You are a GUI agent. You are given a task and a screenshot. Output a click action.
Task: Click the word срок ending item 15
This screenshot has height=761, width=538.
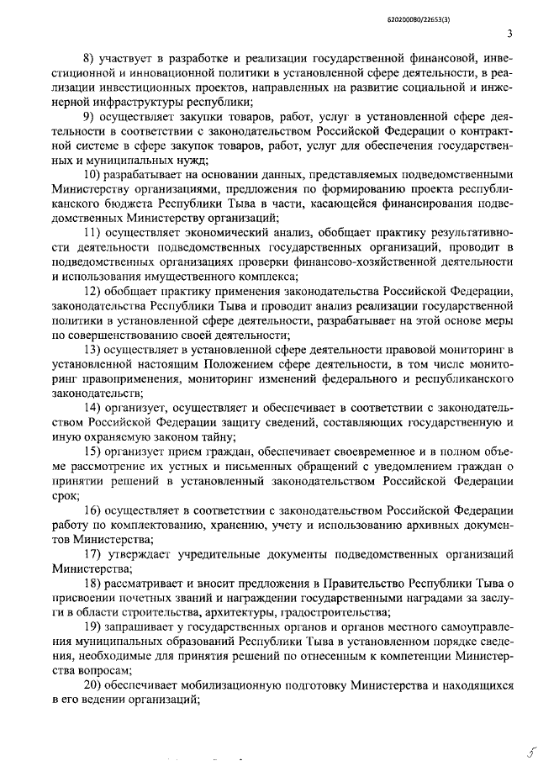point(65,495)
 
